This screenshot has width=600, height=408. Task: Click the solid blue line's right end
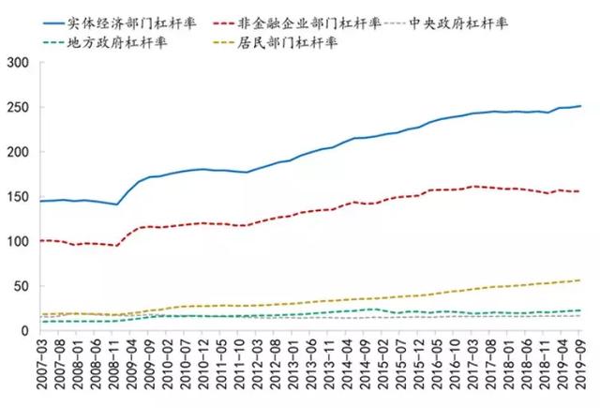579,106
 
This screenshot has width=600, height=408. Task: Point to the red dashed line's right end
579,191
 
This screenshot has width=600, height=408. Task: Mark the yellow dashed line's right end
579,280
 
